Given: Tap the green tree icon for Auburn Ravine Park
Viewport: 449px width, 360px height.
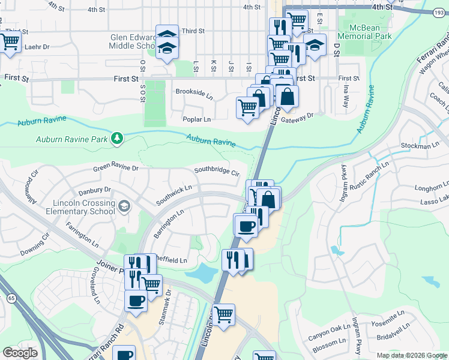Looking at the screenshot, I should (x=116, y=139).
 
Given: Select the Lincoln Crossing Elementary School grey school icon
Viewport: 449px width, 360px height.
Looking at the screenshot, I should (x=124, y=207).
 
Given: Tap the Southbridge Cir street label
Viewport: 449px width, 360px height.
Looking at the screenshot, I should (x=217, y=171).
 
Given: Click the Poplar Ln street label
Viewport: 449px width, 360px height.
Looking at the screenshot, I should (x=197, y=119).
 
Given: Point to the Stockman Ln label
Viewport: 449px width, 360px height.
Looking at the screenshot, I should (x=420, y=146).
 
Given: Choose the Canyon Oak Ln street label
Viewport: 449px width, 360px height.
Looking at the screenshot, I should (x=329, y=331).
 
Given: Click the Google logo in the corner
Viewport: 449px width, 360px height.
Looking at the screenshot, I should (x=20, y=352).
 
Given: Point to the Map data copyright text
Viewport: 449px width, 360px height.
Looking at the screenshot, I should (x=411, y=355).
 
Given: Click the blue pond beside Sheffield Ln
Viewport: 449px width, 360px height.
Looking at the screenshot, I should (x=201, y=274).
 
